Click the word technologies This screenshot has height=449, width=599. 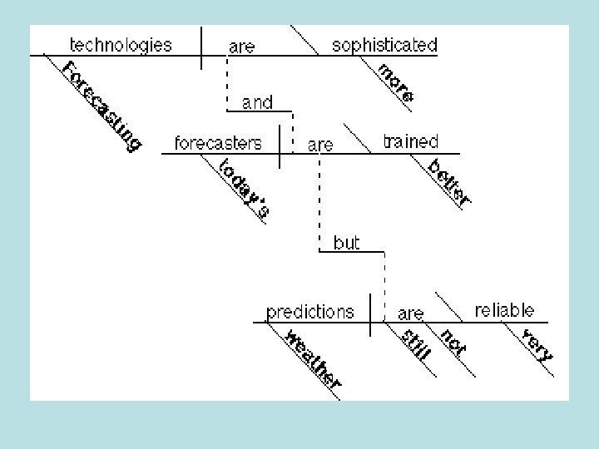(x=121, y=45)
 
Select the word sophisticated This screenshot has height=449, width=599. (x=384, y=45)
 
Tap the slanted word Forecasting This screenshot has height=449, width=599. (x=102, y=106)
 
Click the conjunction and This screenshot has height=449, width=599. (x=257, y=103)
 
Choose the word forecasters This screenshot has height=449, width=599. (x=218, y=143)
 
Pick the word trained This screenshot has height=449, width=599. (x=410, y=142)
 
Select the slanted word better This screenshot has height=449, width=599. (x=449, y=182)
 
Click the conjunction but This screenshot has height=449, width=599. (x=346, y=243)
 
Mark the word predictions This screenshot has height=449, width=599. (x=309, y=313)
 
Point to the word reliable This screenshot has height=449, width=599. (x=504, y=311)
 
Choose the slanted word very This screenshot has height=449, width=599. (x=537, y=344)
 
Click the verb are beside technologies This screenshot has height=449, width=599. (x=241, y=47)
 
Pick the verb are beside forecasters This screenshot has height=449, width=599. (x=320, y=146)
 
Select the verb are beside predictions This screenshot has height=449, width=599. (x=411, y=314)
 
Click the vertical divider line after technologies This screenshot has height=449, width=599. (x=202, y=48)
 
